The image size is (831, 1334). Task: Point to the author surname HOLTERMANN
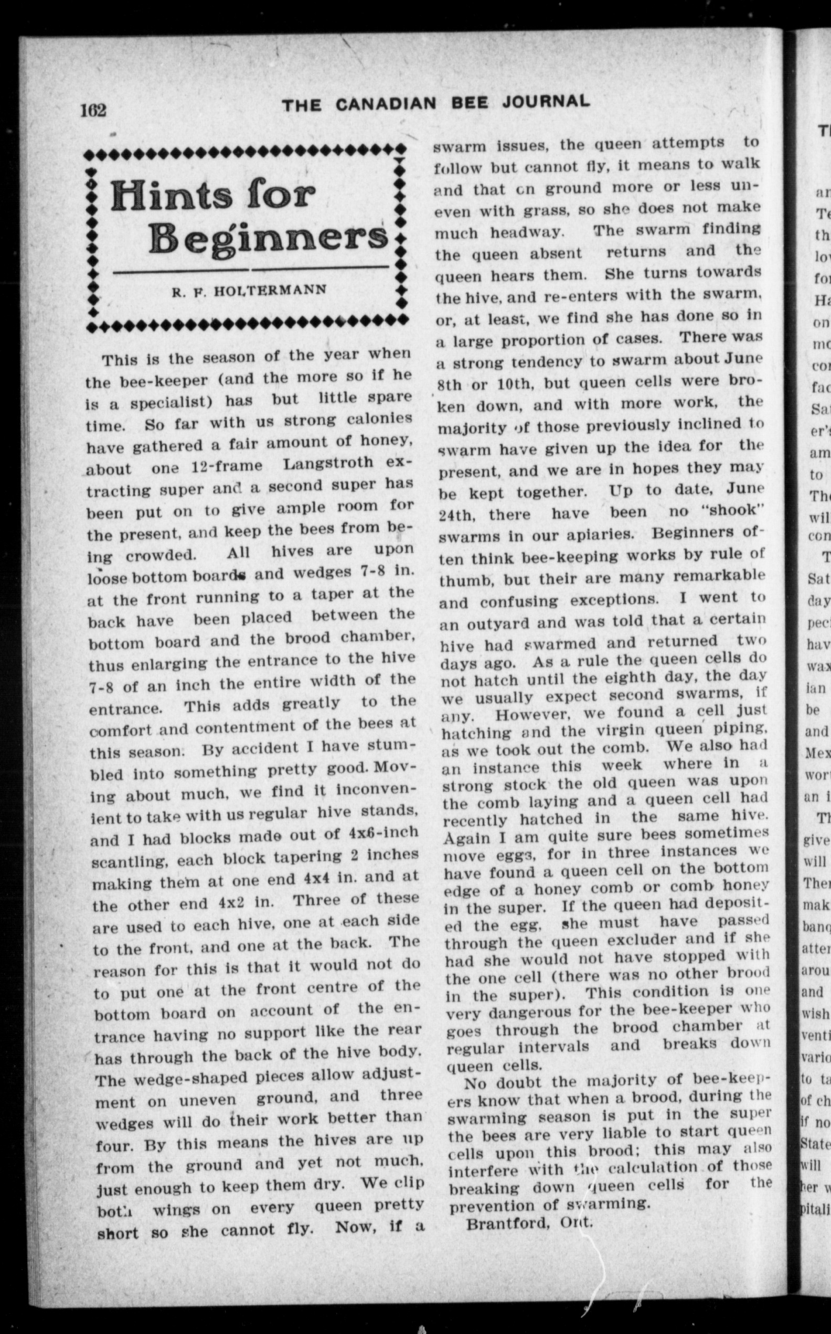tap(269, 290)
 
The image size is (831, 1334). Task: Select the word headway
tap(527, 232)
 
